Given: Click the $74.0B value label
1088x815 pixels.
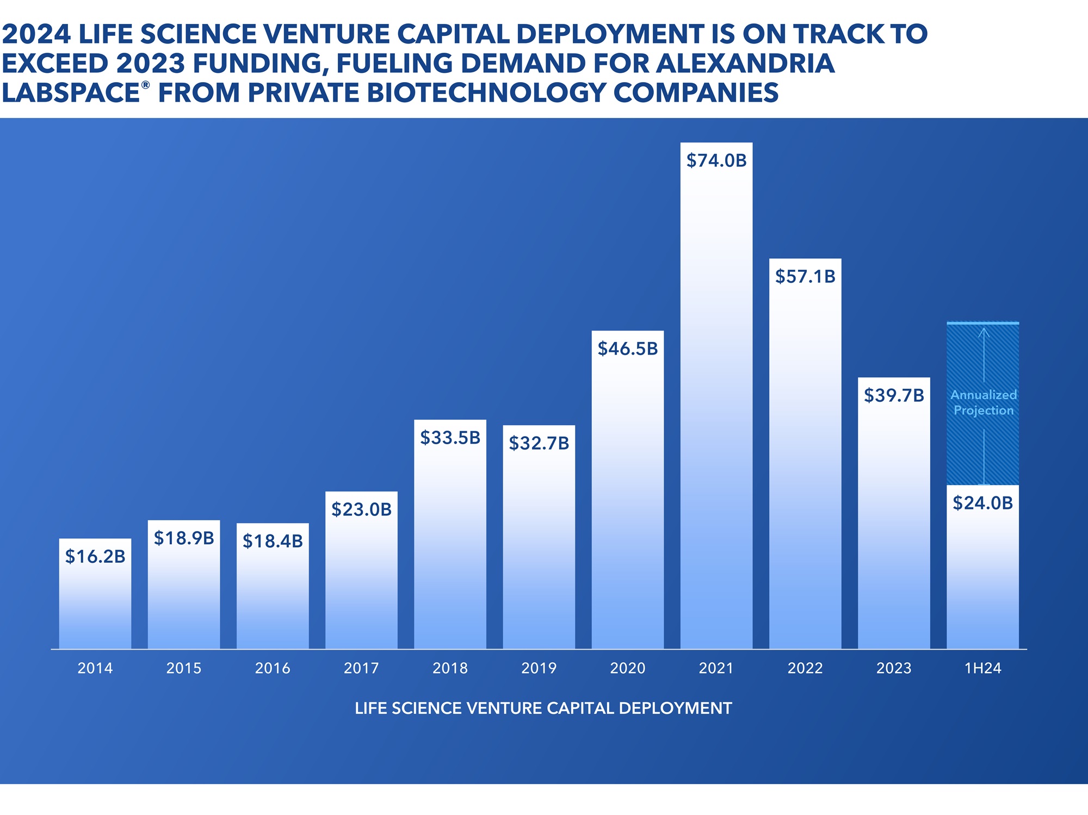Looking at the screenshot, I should coord(716,160).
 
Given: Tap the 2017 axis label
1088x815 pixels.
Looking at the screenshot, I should coord(361,668).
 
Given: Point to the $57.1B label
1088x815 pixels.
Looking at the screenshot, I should coord(805,276).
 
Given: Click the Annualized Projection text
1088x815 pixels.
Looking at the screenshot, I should coord(983,402).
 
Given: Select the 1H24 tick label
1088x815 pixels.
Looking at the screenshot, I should coord(982,668).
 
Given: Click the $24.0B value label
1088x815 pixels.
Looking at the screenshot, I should coord(982,503).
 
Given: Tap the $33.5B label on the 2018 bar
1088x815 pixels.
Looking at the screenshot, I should coord(450,438).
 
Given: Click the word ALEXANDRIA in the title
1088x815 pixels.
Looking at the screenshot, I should coord(745,63).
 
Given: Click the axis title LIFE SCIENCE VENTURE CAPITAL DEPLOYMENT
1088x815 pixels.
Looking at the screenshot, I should coord(543,708).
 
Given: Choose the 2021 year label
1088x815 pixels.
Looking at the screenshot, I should coord(716,668).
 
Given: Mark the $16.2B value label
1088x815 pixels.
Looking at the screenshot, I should coord(95,556).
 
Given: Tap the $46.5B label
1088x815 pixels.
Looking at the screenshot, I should coord(627,349).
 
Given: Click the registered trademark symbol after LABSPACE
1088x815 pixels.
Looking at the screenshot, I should coord(145,85).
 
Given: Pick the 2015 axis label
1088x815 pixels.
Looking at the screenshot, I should coord(184,668).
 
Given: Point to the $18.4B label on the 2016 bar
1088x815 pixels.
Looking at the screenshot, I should coord(273,541).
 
